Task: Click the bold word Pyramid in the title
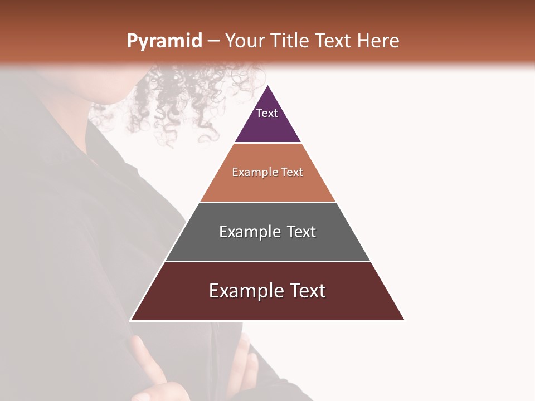click(x=164, y=41)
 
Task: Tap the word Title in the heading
click(x=291, y=41)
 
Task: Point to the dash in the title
click(x=213, y=41)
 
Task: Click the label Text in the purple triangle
click(x=267, y=113)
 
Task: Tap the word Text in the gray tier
click(x=301, y=232)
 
